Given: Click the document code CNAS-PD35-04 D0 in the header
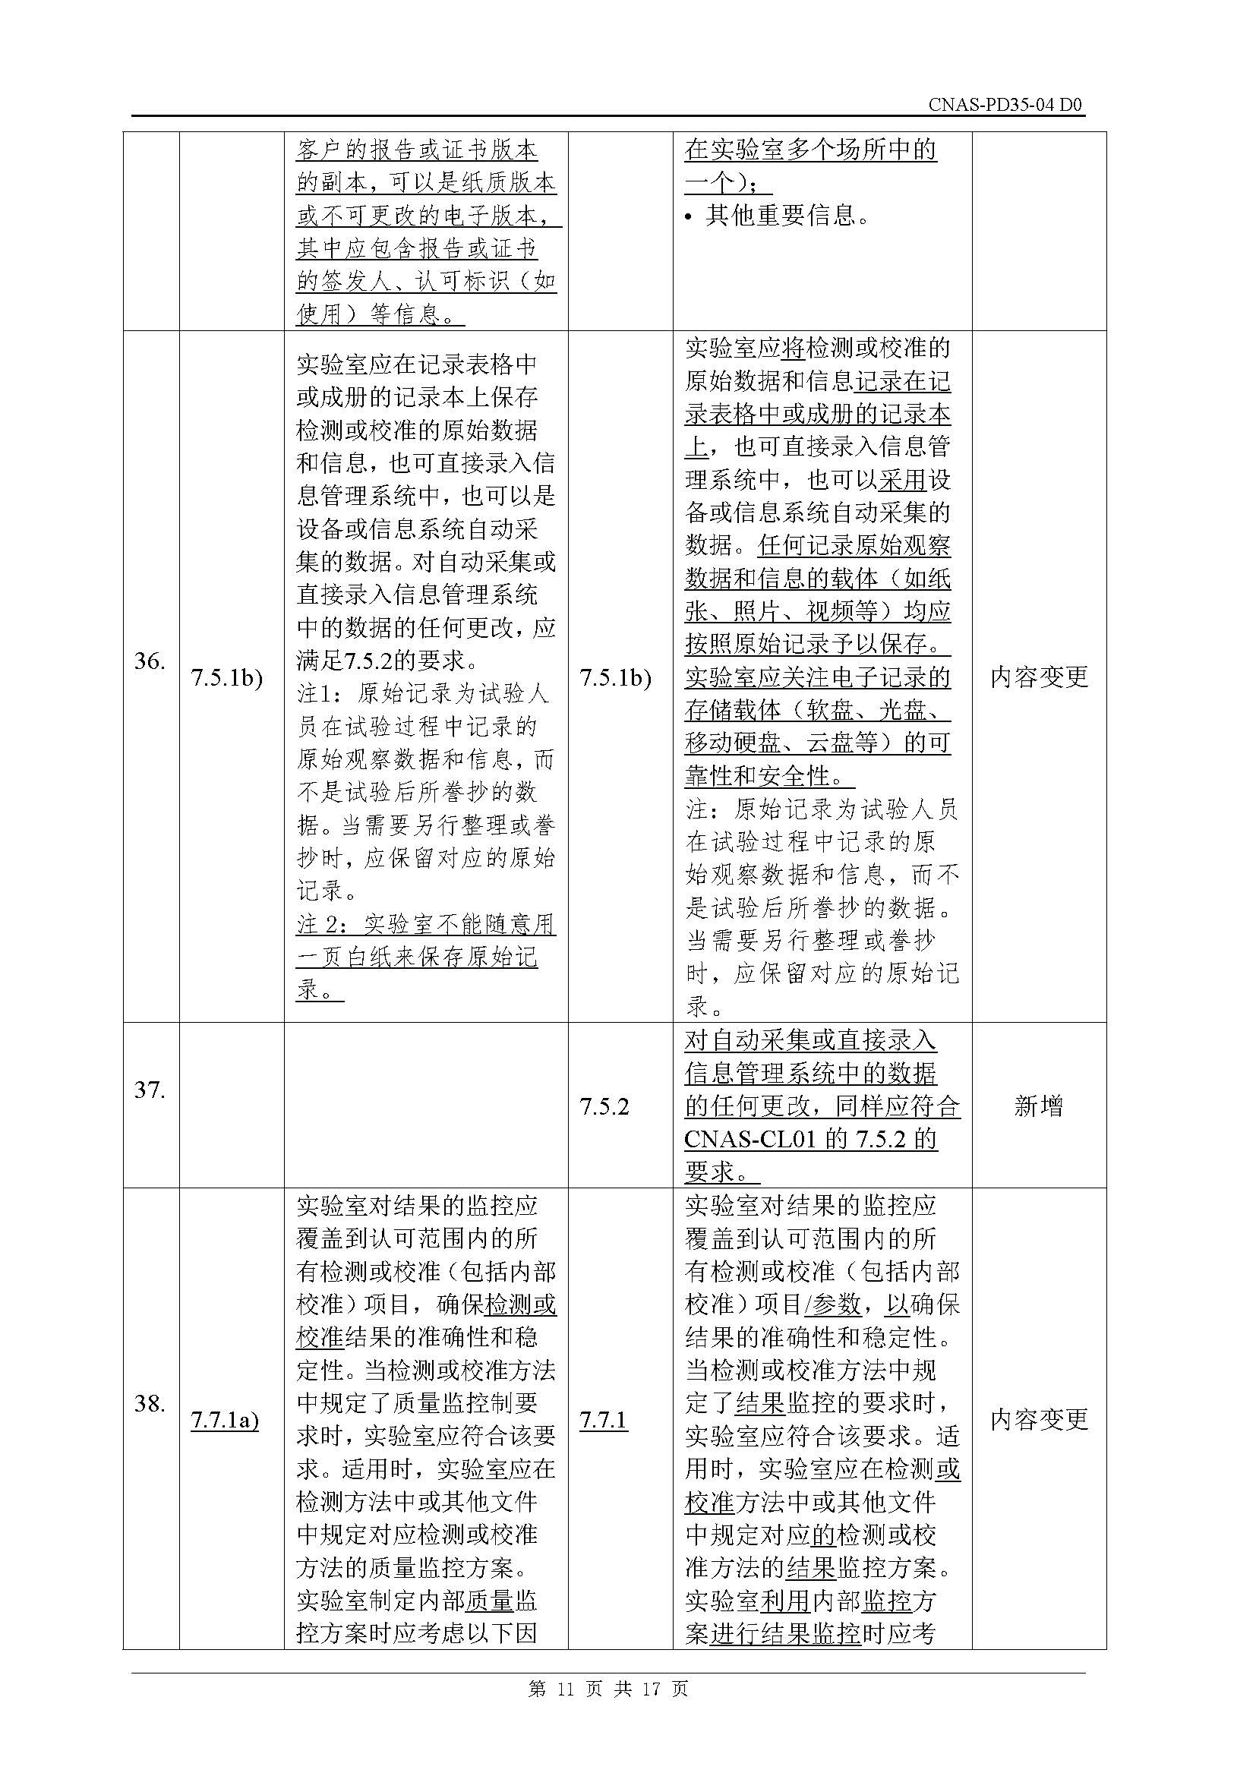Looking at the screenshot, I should point(1005,106).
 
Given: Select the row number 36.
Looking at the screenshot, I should point(150,661).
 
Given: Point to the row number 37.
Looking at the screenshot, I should point(150,1090).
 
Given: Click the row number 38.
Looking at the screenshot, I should point(150,1403).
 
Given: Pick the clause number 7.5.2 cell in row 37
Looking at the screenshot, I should point(604,1106).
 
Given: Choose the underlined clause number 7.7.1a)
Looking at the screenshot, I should point(225,1420).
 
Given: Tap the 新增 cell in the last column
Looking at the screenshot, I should point(1038,1106).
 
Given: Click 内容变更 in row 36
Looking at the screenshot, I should point(1039,677).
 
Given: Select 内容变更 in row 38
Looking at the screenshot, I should point(1039,1420).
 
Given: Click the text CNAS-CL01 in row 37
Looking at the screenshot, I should point(746,1140).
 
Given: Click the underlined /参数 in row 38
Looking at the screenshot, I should point(832,1305).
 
